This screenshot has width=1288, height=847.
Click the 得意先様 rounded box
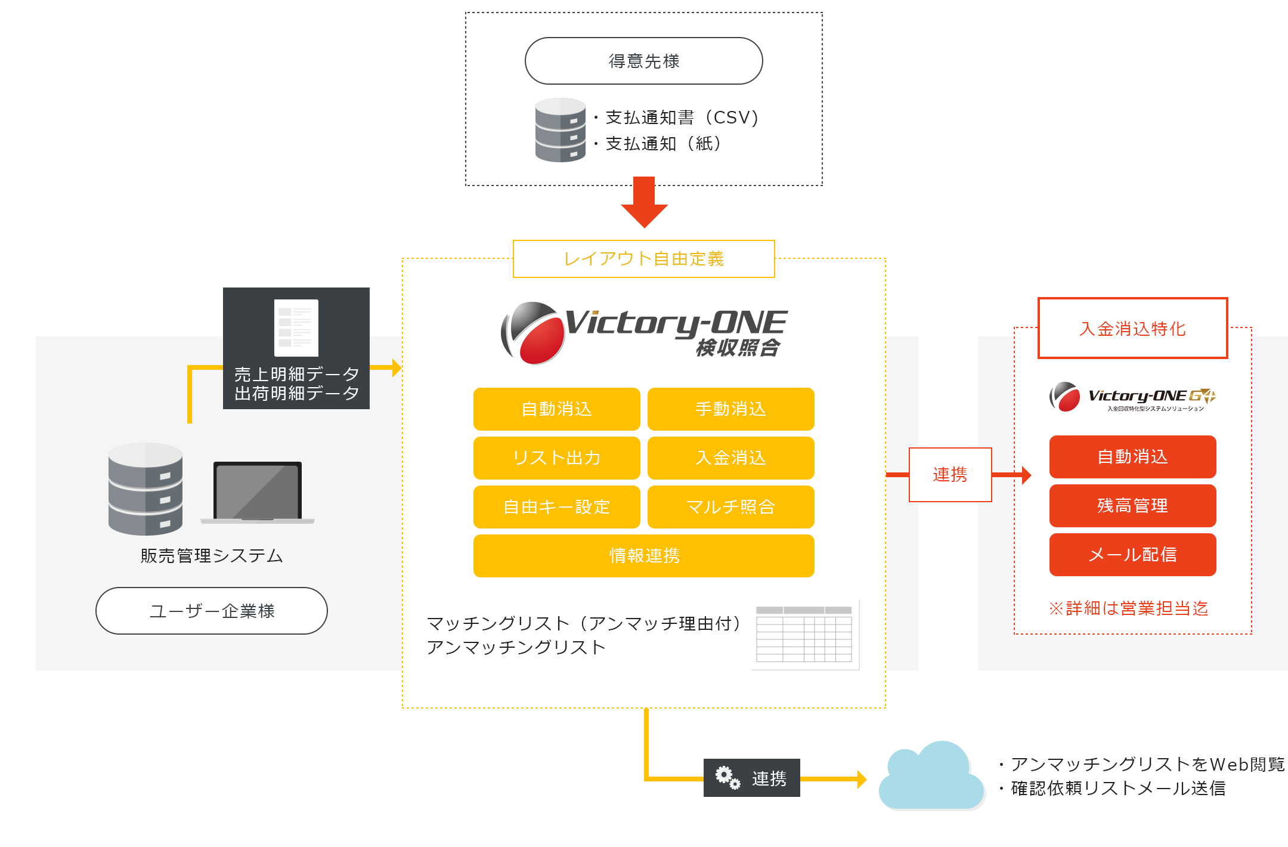tap(643, 61)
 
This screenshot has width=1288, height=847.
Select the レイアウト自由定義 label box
tap(643, 259)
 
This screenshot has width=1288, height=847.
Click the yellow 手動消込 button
tap(730, 409)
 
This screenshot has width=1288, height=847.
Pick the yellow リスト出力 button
tap(556, 458)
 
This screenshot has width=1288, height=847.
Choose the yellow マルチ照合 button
tap(730, 507)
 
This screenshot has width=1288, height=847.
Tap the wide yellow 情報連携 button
tap(643, 556)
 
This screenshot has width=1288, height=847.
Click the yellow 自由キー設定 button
tap(556, 507)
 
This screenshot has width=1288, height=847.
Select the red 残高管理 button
tap(1132, 506)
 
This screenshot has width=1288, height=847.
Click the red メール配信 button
tap(1132, 555)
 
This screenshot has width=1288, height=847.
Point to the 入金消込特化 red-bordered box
tap(1132, 328)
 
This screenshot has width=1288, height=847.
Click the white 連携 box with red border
tap(950, 475)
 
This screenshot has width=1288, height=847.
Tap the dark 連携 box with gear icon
tap(751, 778)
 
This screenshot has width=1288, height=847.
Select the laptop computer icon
tap(258, 492)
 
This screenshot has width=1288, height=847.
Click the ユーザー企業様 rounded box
tap(212, 611)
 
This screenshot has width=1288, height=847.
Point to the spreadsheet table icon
tap(804, 635)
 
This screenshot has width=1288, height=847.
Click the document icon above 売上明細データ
tap(296, 327)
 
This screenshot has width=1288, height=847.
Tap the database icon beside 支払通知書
tap(560, 130)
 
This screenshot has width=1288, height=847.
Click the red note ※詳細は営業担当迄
tap(1128, 608)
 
